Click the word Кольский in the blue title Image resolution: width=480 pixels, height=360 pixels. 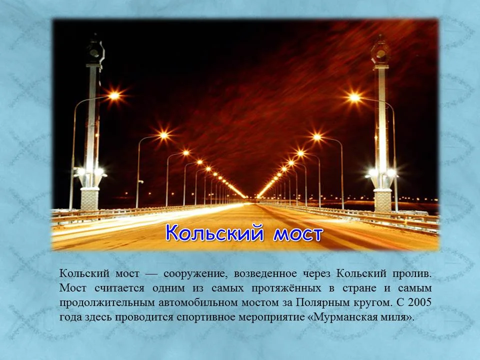click(x=216, y=233)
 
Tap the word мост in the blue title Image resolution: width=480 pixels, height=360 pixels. click(x=297, y=233)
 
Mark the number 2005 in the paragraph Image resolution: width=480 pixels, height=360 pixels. click(x=419, y=303)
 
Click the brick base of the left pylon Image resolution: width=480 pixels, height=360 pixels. click(x=90, y=198)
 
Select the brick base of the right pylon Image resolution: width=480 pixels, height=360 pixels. click(x=382, y=199)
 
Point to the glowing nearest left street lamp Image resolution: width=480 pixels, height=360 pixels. click(x=114, y=95)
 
